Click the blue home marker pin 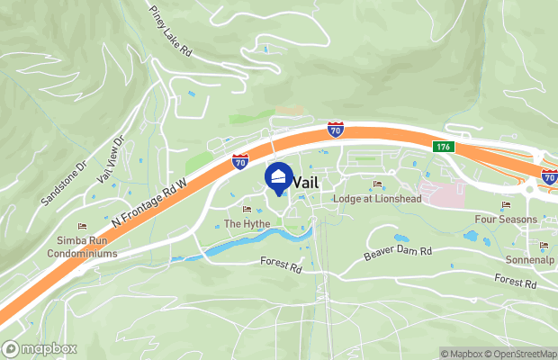pyautogui.click(x=279, y=177)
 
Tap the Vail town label pyautogui.click(x=307, y=182)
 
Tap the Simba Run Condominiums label pyautogui.click(x=82, y=248)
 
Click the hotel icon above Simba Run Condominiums pyautogui.click(x=83, y=227)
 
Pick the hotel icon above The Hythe pyautogui.click(x=247, y=209)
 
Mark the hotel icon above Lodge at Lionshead pyautogui.click(x=376, y=184)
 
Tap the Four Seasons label pyautogui.click(x=506, y=220)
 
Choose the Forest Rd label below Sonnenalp pyautogui.click(x=515, y=283)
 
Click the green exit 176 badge pyautogui.click(x=442, y=147)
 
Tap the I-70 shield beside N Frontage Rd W pyautogui.click(x=239, y=161)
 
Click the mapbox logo pyautogui.click(x=40, y=348)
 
